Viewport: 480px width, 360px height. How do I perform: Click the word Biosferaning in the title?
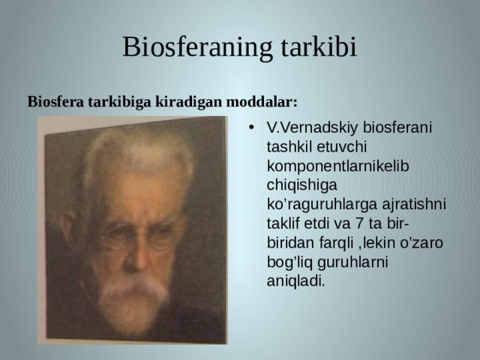coord(197,47)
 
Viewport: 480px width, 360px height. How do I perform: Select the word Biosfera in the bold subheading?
coord(55,102)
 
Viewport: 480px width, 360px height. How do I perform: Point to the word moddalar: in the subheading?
coord(262,102)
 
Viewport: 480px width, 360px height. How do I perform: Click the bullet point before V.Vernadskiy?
coord(251,127)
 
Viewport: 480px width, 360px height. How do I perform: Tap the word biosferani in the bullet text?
coord(397,127)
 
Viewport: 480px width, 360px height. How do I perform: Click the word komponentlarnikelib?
coord(337,166)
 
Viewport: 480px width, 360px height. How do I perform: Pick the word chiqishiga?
coord(301,185)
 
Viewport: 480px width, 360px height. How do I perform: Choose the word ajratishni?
coord(414,205)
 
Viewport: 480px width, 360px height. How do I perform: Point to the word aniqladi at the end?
coord(295,281)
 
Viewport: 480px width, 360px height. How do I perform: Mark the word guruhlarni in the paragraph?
coord(352,262)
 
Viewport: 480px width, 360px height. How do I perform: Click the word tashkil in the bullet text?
coord(289,147)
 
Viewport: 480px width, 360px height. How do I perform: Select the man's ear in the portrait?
coord(68,226)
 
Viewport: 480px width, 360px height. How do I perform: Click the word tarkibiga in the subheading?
coord(119,102)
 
